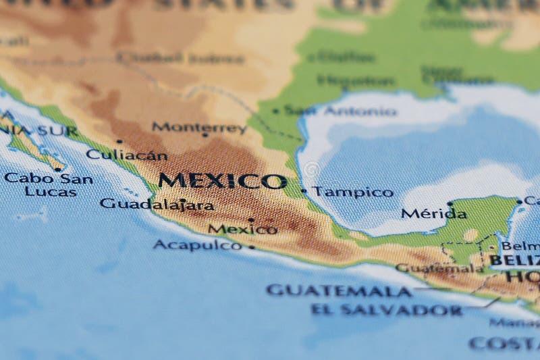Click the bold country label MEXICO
222,181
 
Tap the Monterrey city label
199,127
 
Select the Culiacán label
126,155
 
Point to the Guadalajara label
157,204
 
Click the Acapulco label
197,245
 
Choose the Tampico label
352,192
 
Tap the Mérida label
433,214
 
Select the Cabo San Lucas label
49,184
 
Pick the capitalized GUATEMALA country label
339,290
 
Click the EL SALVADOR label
387,310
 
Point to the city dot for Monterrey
205,135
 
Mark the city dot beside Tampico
304,191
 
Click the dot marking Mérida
450,203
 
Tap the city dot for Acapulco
252,247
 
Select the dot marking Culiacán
119,142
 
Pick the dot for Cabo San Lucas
58,169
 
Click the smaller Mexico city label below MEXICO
242,229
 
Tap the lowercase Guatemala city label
439,268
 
